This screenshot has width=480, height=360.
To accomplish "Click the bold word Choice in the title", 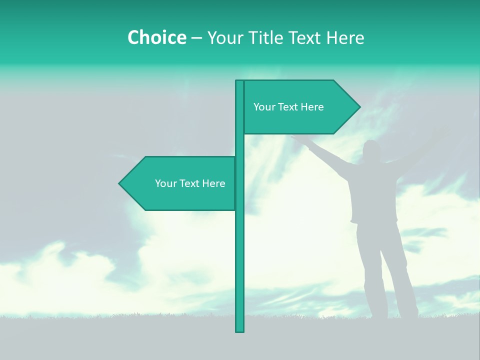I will click(156, 37).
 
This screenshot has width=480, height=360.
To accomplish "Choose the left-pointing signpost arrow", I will click(180, 183).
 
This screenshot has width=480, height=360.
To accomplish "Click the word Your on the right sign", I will click(264, 107).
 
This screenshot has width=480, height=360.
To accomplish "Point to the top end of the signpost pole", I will click(239, 82).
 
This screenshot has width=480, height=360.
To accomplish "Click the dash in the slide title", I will click(196, 38).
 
